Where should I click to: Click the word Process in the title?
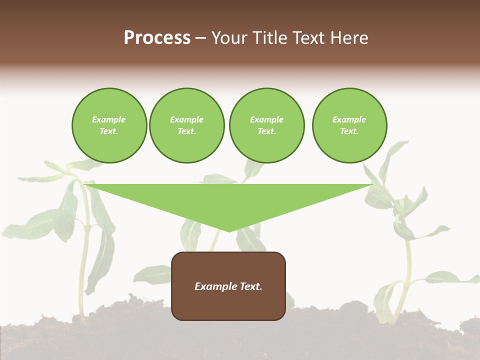pyautogui.click(x=157, y=38)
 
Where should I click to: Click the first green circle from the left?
pyautogui.click(x=109, y=125)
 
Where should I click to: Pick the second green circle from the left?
pyautogui.click(x=186, y=125)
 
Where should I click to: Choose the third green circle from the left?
pyautogui.click(x=266, y=125)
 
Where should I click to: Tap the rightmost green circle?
pyautogui.click(x=349, y=125)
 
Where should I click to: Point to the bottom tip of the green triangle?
pyautogui.click(x=229, y=230)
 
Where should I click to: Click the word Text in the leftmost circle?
pyautogui.click(x=108, y=131)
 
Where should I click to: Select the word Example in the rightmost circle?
pyautogui.click(x=349, y=119)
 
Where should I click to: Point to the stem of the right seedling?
pyautogui.click(x=407, y=270)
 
